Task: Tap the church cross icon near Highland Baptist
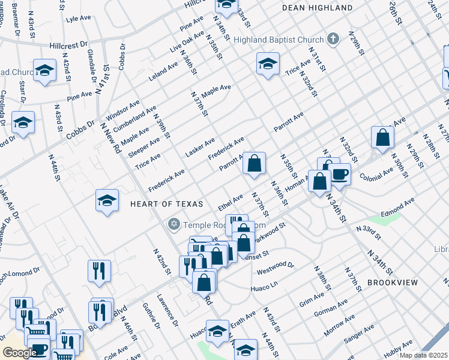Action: pos(334,40)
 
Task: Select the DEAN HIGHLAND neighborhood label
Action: pos(318,8)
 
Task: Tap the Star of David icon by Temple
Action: pos(174,224)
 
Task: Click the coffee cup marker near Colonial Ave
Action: pos(340,175)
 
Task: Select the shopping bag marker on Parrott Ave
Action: pos(255,163)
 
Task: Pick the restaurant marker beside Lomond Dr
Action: pos(99,271)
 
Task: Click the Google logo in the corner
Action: pos(20,353)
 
